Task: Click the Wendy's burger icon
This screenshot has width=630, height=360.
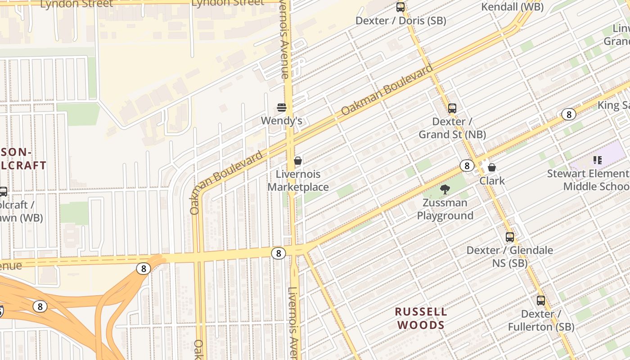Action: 282,108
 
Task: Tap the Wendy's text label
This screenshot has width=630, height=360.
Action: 282,121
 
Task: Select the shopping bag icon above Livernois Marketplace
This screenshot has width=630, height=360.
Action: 297,161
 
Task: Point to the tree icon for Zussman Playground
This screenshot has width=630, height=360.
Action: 445,189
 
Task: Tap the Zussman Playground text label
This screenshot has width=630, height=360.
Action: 445,209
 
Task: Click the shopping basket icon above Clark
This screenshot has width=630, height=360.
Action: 492,167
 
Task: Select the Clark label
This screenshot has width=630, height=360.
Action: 492,181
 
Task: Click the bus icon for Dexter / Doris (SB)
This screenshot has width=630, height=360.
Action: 400,7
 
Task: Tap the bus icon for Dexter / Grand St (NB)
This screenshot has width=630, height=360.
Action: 452,108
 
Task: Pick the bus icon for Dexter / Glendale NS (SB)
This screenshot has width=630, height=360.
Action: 510,237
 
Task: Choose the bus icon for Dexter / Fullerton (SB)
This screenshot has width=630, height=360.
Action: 541,300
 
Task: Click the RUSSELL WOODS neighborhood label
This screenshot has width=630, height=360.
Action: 421,318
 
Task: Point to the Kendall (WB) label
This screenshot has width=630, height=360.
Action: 513,7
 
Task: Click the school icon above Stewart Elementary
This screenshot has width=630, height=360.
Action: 598,160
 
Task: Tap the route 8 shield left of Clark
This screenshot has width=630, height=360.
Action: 467,166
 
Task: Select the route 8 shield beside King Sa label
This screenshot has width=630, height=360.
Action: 569,114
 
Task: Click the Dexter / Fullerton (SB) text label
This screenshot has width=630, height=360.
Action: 541,320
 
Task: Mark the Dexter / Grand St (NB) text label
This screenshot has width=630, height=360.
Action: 452,128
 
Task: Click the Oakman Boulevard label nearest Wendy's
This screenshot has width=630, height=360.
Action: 387,90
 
